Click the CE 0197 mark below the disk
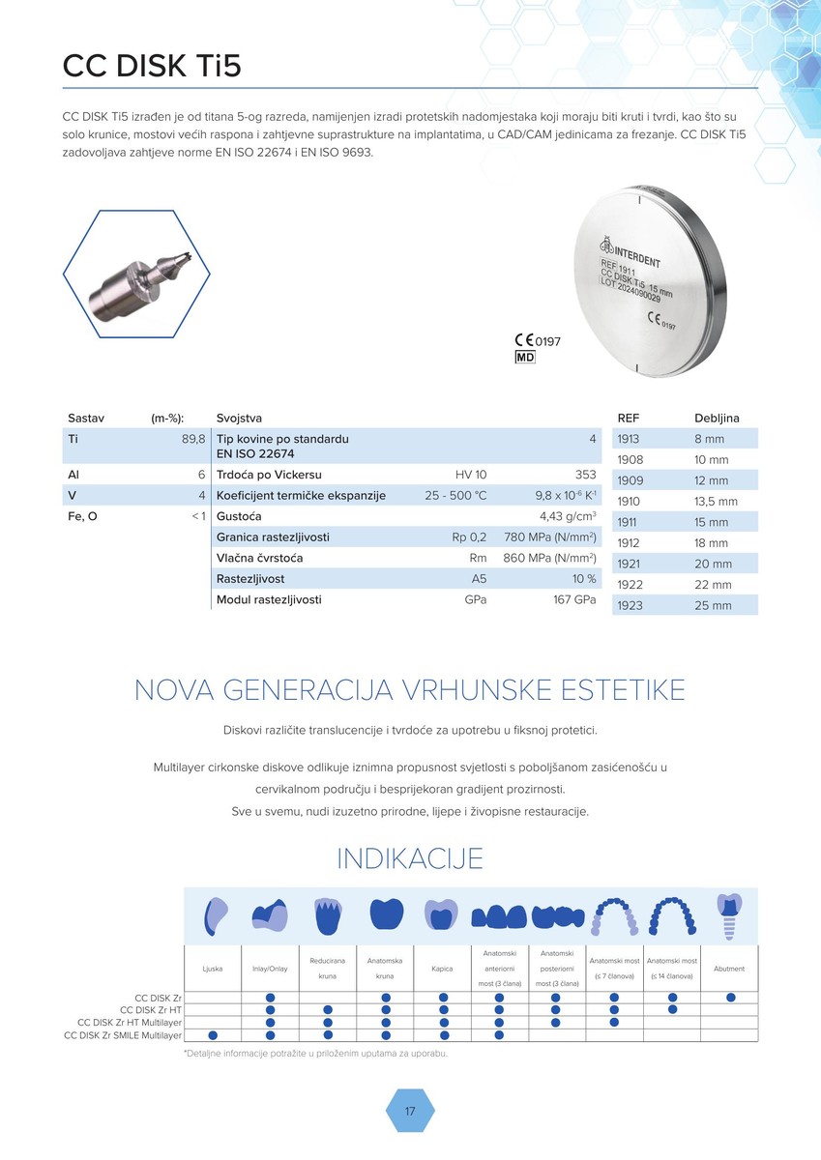[537, 340]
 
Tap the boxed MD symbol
[524, 358]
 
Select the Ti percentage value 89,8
[192, 439]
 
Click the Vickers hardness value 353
[585, 475]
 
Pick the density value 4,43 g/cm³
[567, 516]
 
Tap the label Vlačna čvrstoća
[260, 558]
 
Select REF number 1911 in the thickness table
[630, 522]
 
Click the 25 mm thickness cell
[714, 605]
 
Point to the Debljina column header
[717, 418]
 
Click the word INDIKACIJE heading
[410, 858]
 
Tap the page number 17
[410, 1112]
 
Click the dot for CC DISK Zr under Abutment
[730, 997]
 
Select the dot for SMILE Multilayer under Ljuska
[213, 1034]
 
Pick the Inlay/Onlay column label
[271, 968]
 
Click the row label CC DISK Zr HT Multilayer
[130, 1022]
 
